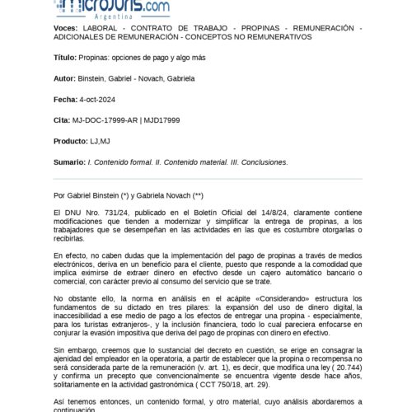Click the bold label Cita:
point(61,120)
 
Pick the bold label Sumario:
point(71,162)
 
